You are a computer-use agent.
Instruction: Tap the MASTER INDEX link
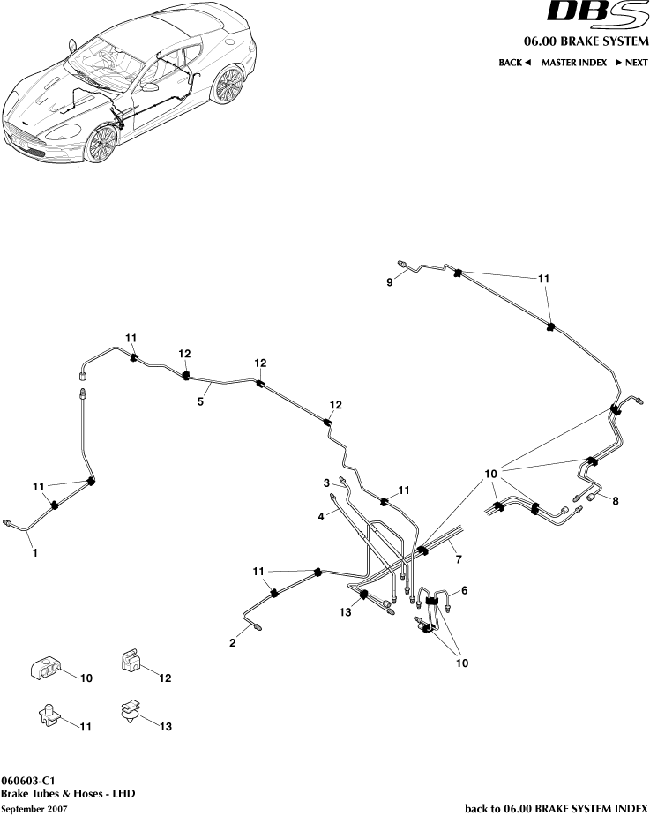573,63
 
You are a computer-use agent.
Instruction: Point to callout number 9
388,281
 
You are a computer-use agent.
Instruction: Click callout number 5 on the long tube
200,400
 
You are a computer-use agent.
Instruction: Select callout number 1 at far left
34,553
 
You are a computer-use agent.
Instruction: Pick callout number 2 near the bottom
233,643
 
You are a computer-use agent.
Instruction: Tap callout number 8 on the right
615,501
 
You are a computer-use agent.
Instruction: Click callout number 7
457,559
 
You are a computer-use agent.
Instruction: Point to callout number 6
464,589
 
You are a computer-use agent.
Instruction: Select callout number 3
325,483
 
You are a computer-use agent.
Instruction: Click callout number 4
322,516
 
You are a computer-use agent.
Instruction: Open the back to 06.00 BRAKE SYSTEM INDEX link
556,808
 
